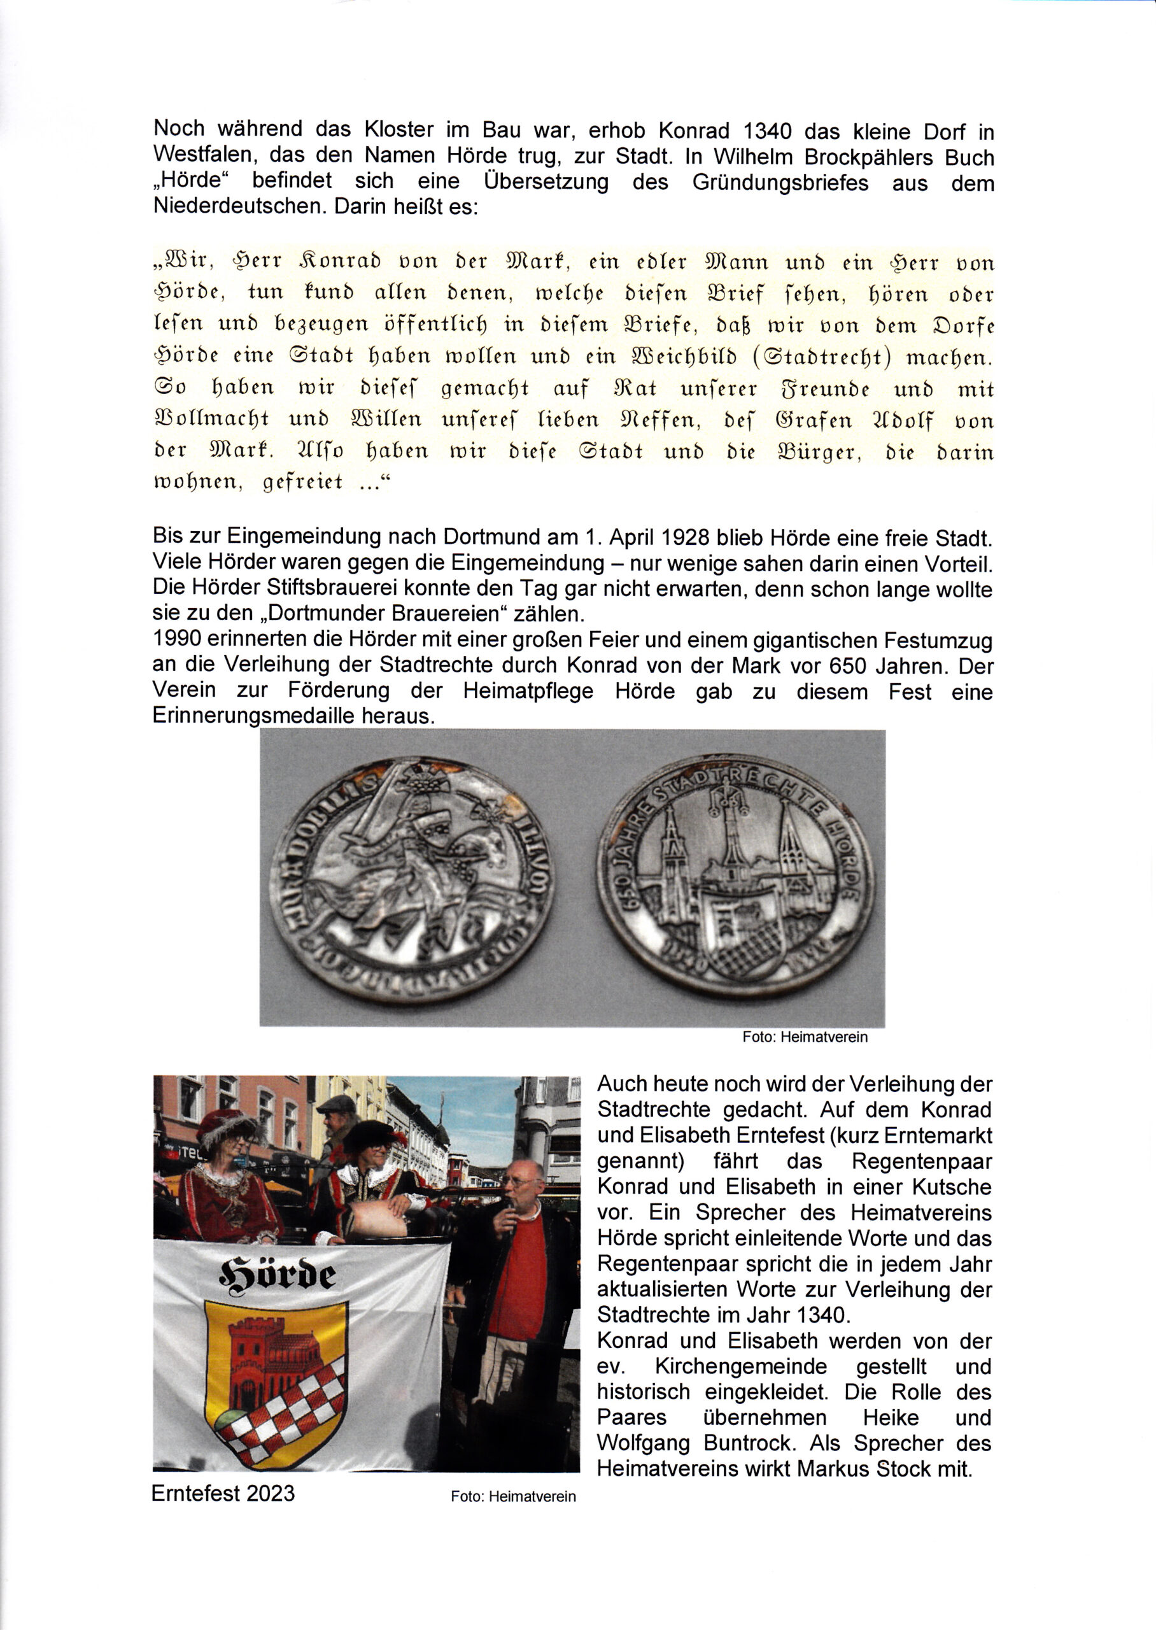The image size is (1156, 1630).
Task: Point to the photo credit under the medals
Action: (x=805, y=1037)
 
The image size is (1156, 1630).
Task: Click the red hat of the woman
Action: (x=227, y=1127)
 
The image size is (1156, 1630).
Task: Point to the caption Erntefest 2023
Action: (x=223, y=1492)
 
